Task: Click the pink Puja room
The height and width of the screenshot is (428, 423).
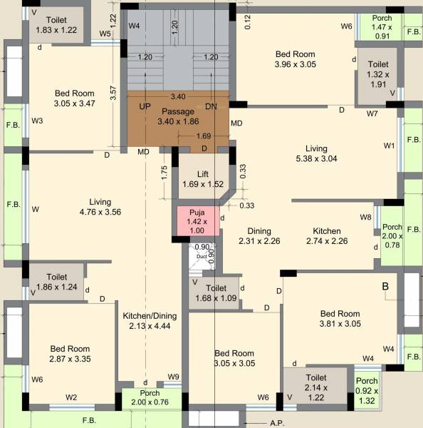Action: click(x=197, y=221)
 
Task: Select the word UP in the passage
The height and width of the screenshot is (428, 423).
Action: click(x=145, y=106)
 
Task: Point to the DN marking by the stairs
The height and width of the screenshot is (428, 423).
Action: click(x=210, y=106)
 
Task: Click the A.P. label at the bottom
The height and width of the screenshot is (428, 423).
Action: click(x=277, y=423)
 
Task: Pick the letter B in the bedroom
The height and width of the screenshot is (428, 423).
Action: click(x=385, y=286)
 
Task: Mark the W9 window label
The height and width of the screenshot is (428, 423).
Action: click(x=173, y=377)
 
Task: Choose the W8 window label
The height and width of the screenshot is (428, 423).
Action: click(x=365, y=217)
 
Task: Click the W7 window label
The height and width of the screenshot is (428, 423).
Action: click(x=372, y=113)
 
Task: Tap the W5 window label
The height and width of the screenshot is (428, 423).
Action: click(x=105, y=34)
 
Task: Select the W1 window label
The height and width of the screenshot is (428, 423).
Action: click(x=389, y=146)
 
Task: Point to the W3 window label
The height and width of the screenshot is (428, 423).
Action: click(x=37, y=121)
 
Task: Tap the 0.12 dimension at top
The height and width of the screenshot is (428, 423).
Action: click(x=247, y=22)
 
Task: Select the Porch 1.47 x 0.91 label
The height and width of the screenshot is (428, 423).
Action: click(x=382, y=26)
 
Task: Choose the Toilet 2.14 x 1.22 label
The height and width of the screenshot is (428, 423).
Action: click(x=315, y=382)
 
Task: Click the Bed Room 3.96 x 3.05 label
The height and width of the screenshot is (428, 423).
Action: click(x=296, y=59)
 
